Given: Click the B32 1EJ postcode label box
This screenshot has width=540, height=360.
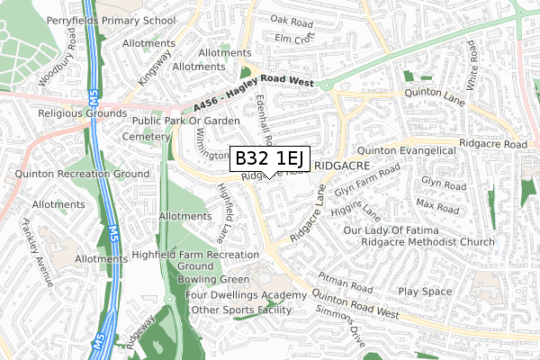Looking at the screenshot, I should tap(271, 158).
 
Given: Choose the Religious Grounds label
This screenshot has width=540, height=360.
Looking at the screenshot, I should tap(80, 114).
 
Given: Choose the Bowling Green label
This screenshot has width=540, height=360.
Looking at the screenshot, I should tap(215, 280).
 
